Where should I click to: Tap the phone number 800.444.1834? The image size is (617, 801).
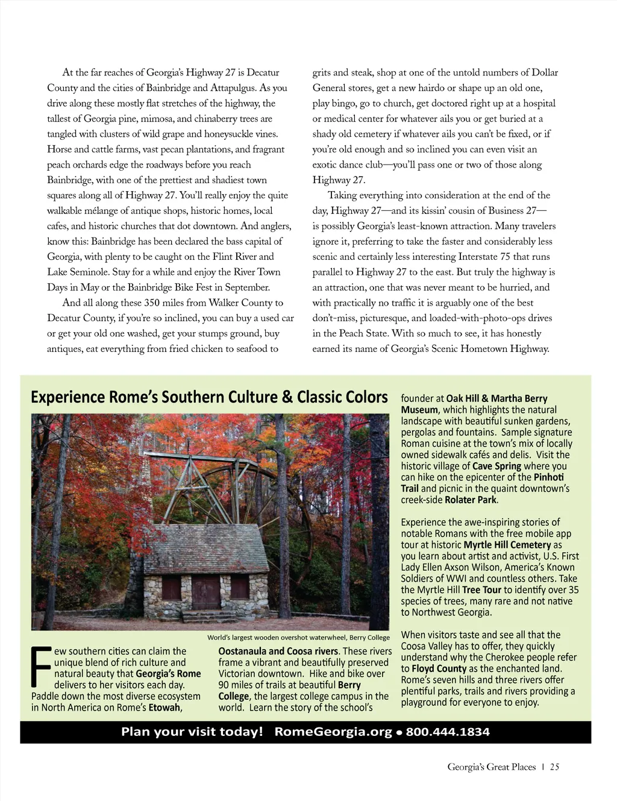(448, 732)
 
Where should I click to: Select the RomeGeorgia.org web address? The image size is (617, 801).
(333, 732)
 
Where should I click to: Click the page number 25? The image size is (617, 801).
(554, 767)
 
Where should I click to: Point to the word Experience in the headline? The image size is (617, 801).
(67, 397)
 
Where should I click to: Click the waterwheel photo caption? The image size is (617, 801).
(298, 638)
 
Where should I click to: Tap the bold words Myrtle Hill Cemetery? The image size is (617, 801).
(507, 545)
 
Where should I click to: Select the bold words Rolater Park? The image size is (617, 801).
(471, 500)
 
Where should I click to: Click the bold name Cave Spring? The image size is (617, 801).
(496, 466)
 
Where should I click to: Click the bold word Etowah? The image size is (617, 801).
(164, 708)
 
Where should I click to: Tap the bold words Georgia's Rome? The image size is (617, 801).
(168, 674)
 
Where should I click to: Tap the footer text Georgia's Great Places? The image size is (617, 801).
(491, 767)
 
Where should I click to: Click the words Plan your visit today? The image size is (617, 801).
(192, 732)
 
